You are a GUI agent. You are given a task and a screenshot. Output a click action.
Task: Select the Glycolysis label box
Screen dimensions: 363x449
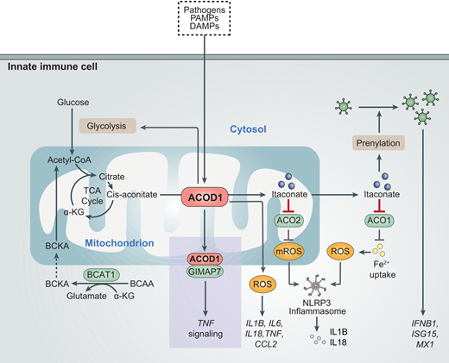(x=105, y=126)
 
